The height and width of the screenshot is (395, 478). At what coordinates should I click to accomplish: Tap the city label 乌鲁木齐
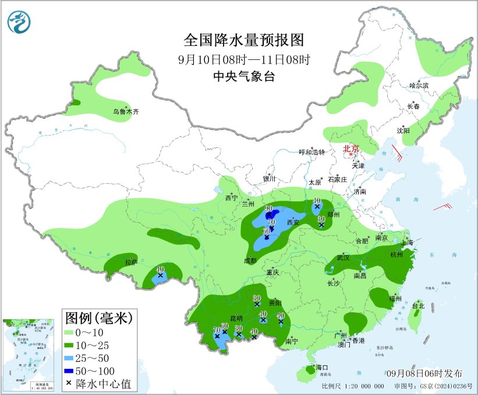pyautogui.click(x=126, y=112)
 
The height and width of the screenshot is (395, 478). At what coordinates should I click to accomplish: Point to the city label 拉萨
pyautogui.click(x=132, y=262)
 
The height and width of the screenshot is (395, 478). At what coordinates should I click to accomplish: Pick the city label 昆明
pyautogui.click(x=236, y=319)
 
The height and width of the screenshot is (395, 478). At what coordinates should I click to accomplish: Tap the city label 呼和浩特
pyautogui.click(x=311, y=152)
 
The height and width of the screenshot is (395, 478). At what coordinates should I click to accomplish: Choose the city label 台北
pyautogui.click(x=418, y=305)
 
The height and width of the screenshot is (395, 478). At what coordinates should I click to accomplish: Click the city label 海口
pyautogui.click(x=322, y=368)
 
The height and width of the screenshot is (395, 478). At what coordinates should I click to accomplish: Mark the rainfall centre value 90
pyautogui.click(x=269, y=209)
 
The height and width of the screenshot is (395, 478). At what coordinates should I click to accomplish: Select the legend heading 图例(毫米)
pyautogui.click(x=98, y=318)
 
